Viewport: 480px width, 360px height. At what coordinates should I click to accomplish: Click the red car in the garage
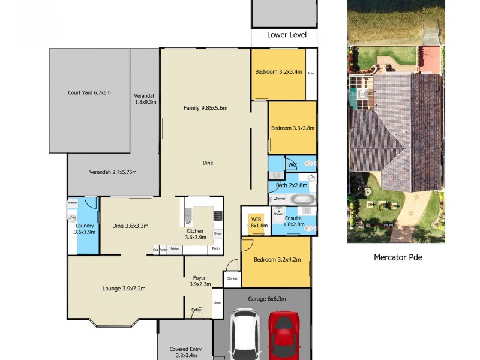(283, 336)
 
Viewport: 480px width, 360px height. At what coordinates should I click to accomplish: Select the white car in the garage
(244, 336)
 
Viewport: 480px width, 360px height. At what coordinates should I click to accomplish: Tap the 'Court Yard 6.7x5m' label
(89, 93)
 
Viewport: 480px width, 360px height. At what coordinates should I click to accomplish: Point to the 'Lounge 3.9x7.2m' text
(124, 289)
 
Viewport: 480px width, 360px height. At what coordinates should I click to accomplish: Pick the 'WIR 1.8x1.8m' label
(255, 222)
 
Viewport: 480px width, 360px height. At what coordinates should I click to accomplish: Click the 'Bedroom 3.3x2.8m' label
(292, 128)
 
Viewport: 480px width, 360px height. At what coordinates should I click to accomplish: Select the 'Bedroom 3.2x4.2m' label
(276, 259)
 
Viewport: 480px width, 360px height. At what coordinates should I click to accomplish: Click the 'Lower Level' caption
(286, 35)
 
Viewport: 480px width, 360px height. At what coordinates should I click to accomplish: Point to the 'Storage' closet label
(232, 278)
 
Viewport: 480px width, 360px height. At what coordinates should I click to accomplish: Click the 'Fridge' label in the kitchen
(175, 248)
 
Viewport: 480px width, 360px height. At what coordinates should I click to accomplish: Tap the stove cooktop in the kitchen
(217, 215)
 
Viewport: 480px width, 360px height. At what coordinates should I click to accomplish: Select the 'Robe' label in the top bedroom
(311, 73)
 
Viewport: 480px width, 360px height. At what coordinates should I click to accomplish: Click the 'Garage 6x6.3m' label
(268, 298)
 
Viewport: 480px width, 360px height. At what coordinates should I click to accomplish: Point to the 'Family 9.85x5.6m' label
(205, 108)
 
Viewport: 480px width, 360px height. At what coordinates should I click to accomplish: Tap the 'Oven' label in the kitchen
(217, 233)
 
